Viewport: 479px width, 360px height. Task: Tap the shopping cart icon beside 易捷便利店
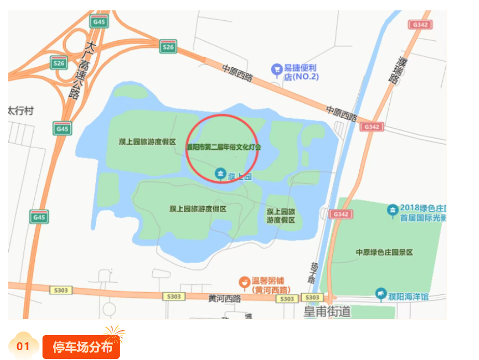(277, 68)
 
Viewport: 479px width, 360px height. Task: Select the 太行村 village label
(21, 110)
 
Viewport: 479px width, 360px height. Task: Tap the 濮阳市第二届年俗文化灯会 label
(224, 147)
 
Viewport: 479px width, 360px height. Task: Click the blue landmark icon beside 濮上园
(220, 174)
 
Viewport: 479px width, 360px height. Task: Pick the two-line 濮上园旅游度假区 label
(281, 215)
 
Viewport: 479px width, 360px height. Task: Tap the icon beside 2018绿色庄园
(393, 210)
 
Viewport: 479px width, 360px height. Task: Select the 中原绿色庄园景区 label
(384, 252)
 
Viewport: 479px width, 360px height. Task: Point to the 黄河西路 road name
(224, 298)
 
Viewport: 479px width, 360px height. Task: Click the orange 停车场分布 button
(81, 347)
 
